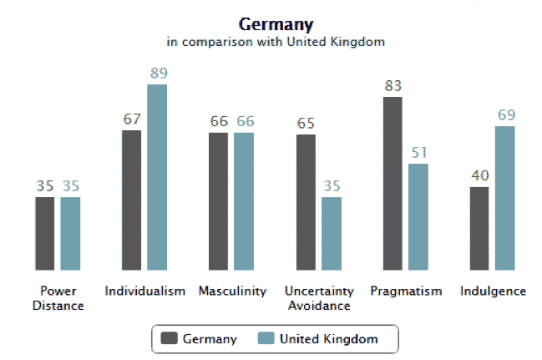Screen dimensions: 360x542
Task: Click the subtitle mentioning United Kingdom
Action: pos(275,40)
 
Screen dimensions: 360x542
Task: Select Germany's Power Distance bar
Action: pos(45,234)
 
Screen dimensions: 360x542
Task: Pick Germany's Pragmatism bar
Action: pos(393,184)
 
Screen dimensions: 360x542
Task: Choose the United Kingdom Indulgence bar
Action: pos(504,199)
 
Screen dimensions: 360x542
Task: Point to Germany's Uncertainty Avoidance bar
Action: pos(306,202)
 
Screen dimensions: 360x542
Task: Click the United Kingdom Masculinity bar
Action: pos(244,201)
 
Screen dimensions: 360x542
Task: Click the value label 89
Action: pos(158,74)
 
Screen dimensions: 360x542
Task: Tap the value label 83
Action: pos(393,86)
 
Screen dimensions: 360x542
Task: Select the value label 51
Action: pos(418,153)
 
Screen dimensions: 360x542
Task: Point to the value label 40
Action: pos(479,176)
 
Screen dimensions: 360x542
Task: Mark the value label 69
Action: pos(505,115)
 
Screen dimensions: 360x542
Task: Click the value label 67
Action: pos(132,119)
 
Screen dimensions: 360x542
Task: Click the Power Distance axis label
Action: pos(58,298)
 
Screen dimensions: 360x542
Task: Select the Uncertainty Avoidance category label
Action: pos(319,298)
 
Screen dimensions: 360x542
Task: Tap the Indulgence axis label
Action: pos(493,292)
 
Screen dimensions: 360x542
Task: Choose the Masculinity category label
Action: pos(232,292)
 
